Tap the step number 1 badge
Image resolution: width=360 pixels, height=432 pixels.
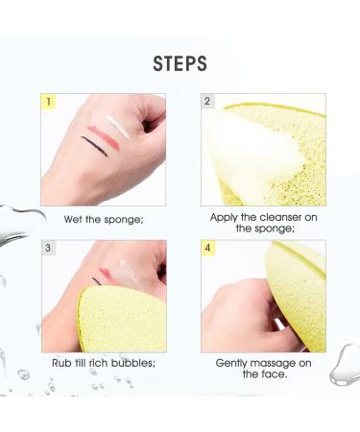pos(48,100)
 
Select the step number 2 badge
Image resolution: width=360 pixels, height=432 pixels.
pos(207,100)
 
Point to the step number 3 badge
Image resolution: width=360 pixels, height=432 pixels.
pos(48,248)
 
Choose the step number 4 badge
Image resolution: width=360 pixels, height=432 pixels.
pos(207,248)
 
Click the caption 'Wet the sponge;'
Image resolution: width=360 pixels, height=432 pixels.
pos(104,219)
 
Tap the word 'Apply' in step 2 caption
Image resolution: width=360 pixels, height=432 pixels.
pos(226,218)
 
